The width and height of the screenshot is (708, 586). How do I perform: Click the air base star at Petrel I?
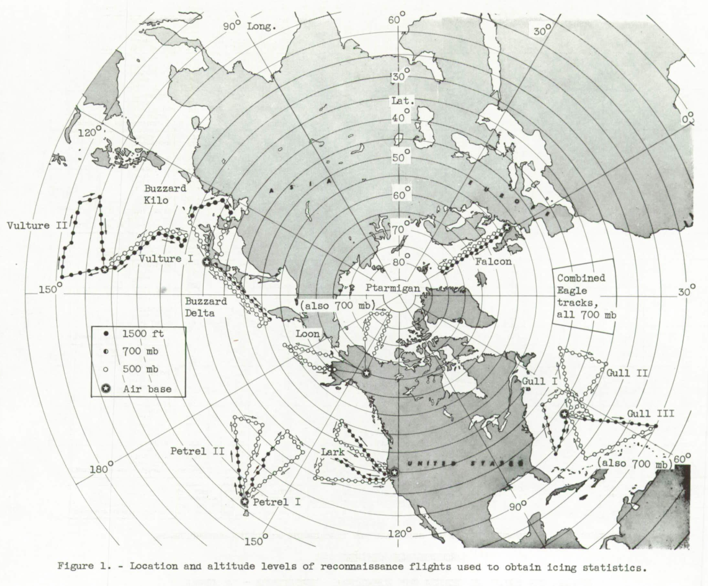click(244, 502)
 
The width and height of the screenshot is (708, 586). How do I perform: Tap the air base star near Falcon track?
click(507, 228)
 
